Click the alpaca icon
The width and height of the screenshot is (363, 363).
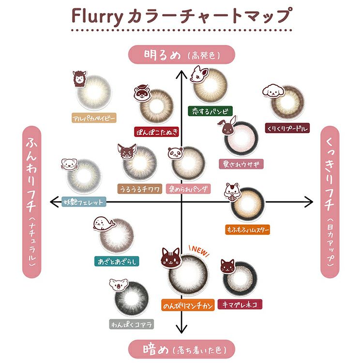79,79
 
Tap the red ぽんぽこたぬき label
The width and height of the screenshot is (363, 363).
157,132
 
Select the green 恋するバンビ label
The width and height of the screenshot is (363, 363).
210,111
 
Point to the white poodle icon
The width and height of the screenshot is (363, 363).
273,91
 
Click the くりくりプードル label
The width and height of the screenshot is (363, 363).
287,128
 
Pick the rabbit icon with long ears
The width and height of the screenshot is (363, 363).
227,126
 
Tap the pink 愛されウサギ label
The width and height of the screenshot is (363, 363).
241,164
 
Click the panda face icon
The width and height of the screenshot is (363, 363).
175,153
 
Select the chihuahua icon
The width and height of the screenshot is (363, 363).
127,151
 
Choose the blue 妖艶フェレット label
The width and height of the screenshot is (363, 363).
84,202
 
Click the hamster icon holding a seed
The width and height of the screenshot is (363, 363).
232,192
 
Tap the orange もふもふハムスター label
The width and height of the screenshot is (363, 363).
247,229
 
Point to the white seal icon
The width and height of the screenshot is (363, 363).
104,224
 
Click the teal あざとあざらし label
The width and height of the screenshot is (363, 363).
117,261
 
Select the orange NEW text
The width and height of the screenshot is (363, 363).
199,251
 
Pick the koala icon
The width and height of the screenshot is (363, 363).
118,285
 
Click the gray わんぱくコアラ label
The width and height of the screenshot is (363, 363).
131,324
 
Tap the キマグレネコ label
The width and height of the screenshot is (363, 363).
240,304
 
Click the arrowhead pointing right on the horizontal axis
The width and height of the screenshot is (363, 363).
309,202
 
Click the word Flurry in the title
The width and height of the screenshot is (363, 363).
97,16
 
